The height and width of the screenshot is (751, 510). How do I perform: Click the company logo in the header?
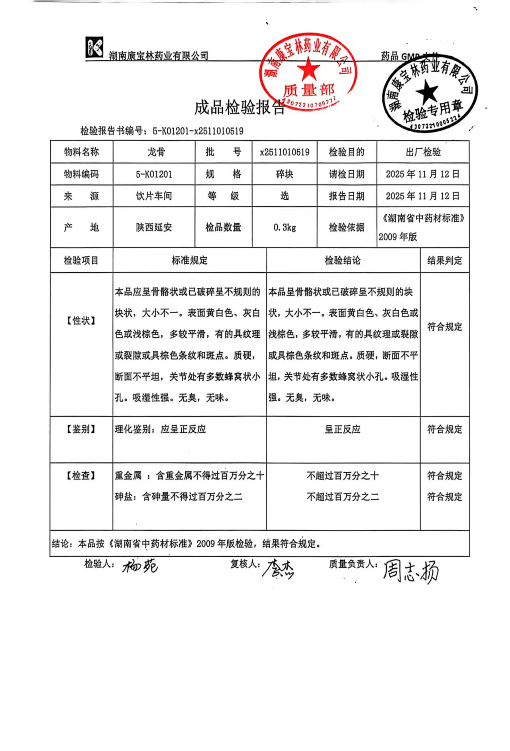point(94,47)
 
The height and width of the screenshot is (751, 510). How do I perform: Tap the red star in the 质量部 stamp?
point(308,69)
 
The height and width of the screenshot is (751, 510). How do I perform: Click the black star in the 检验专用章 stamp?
point(427,91)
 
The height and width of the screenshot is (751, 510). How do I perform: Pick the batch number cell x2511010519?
point(284,152)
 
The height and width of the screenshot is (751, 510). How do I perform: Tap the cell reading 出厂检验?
point(423,152)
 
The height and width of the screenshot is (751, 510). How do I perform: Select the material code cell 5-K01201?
point(154,174)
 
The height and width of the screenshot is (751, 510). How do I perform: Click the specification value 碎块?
point(284,174)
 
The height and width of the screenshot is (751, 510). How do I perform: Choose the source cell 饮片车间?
point(154,196)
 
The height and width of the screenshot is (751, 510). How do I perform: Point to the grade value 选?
point(284,196)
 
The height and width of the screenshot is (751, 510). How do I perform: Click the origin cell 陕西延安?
point(154,228)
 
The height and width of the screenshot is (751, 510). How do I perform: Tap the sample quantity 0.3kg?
point(284,228)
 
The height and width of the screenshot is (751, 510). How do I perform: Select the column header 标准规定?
point(190,261)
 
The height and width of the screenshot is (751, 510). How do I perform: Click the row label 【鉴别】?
point(81,429)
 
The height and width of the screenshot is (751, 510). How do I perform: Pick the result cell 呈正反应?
point(343,429)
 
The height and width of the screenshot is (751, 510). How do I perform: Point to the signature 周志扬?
point(410,571)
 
